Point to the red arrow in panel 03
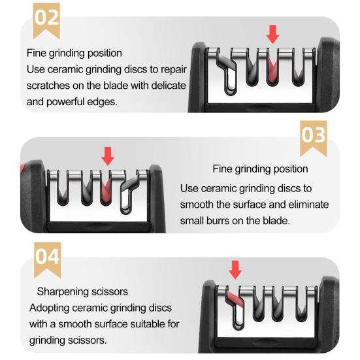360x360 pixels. tap(108, 155)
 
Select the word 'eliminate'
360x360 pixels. tap(308, 205)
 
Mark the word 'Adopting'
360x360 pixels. tap(48, 307)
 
